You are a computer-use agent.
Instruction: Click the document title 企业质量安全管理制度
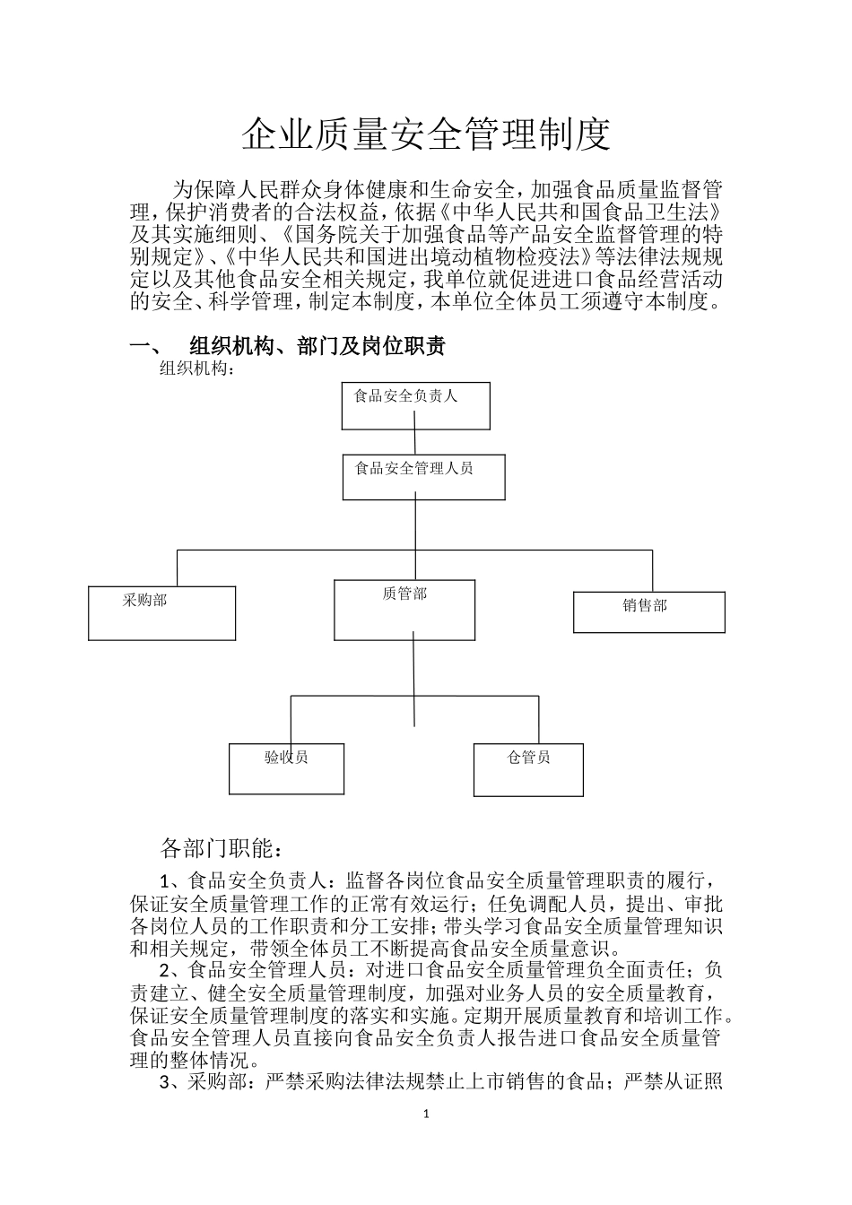(426, 134)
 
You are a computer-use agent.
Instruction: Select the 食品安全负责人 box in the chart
(415, 405)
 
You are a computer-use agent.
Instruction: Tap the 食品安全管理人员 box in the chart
(423, 476)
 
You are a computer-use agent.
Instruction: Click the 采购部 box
(161, 612)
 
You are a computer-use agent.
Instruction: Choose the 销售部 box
(648, 611)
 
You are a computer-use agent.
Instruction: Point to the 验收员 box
(286, 768)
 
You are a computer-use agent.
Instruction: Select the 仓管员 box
(528, 769)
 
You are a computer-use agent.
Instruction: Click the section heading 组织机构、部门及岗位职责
(317, 346)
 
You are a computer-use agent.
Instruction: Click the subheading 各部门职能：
(222, 847)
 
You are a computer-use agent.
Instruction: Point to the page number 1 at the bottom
(426, 1114)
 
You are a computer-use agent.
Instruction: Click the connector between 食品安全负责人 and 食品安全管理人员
(415, 442)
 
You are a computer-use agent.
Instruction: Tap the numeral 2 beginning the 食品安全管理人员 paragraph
(164, 970)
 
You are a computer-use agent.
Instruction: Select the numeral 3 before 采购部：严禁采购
(164, 1083)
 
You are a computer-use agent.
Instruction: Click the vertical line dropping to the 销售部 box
(652, 571)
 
